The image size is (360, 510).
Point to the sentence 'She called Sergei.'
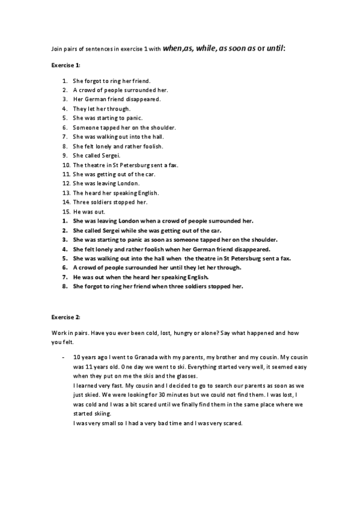tap(96, 155)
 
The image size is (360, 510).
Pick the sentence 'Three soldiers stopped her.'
tap(109, 202)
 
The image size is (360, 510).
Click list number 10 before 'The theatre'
tap(66, 165)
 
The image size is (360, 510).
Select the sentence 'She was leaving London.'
tap(106, 183)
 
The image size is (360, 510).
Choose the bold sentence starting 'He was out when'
tap(141, 277)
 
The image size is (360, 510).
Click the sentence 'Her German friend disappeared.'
tap(117, 99)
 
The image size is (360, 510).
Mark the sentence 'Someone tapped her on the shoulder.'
tap(124, 127)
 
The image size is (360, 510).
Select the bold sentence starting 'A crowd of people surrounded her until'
tap(159, 268)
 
